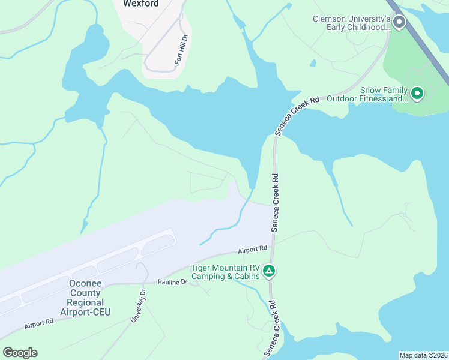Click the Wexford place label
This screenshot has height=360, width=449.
coord(141,4)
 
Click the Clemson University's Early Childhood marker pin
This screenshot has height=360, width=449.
coord(399,23)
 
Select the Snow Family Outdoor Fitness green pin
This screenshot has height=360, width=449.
coord(417,94)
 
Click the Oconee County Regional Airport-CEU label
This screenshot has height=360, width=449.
coord(82,298)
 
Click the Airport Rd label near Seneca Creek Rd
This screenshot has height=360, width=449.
coord(252,249)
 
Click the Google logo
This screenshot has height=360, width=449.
coord(20,353)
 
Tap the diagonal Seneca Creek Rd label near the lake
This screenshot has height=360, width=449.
coord(297,112)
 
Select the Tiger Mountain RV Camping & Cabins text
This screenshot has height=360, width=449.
coord(226,272)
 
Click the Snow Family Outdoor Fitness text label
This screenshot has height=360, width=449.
coord(384,94)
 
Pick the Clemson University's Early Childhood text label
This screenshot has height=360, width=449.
coord(352,23)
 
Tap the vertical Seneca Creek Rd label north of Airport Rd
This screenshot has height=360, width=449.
coord(275,203)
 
